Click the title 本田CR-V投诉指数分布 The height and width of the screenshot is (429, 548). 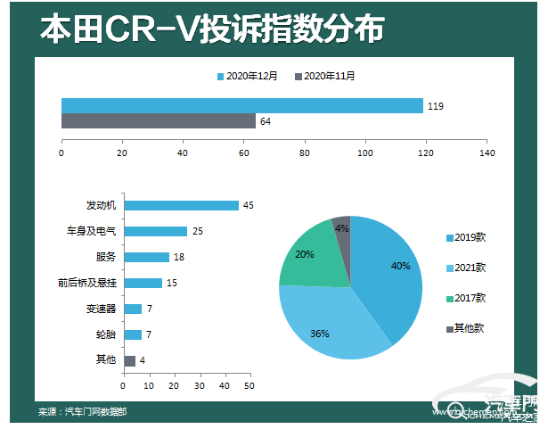[212, 29]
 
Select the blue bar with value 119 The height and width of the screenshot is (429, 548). [241, 106]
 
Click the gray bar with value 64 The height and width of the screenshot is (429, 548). [158, 121]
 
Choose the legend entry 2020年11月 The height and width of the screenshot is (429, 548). [324, 77]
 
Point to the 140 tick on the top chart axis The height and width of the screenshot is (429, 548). [487, 153]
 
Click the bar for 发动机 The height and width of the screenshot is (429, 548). [181, 205]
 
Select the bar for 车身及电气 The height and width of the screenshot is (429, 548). [155, 231]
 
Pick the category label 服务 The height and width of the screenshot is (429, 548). [106, 257]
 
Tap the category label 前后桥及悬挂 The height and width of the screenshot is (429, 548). [86, 283]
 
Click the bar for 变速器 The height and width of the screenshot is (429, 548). [133, 309]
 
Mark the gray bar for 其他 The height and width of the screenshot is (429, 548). [129, 360]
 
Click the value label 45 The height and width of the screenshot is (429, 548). [249, 205]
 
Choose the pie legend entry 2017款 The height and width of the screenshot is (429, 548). [469, 298]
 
